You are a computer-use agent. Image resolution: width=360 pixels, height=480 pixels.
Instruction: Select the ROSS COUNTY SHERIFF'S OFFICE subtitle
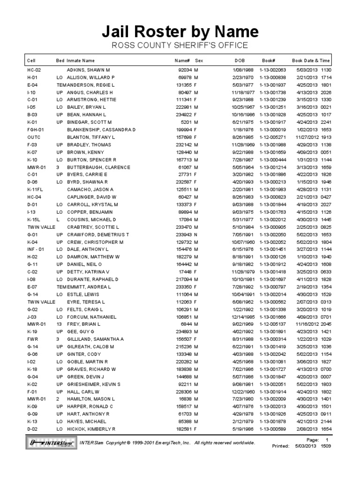(180, 45)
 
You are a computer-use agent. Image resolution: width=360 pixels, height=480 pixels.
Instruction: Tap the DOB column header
(239, 60)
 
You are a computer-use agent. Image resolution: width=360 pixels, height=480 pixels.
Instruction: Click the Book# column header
(268, 60)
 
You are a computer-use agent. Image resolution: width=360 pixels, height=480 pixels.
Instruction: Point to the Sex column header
(199, 60)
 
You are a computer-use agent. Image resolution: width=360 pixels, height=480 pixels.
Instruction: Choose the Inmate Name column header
(81, 60)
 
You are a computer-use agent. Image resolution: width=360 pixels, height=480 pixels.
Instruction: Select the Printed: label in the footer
(281, 446)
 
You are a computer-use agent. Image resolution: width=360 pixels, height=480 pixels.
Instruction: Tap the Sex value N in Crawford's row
(196, 234)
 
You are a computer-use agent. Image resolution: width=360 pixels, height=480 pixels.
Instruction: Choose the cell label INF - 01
(37, 249)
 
